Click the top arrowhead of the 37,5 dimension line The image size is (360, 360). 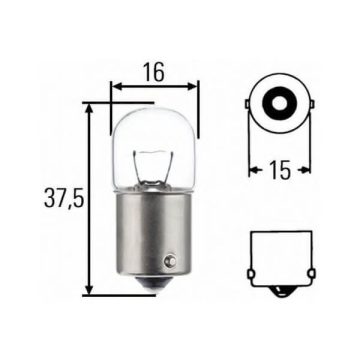[90, 106]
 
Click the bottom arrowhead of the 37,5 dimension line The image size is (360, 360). [90, 290]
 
